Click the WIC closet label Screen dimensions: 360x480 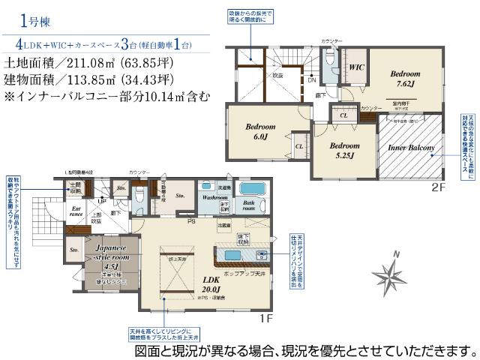click(356, 67)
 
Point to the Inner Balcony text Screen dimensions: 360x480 click(410, 148)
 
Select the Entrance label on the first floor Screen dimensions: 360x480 click(77, 212)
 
